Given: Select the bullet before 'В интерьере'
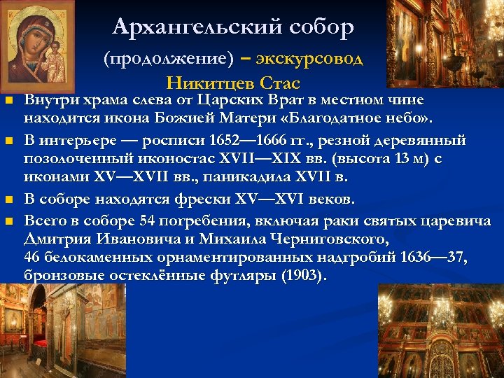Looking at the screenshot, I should tap(10, 142).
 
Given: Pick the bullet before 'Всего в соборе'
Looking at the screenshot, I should tap(10, 222).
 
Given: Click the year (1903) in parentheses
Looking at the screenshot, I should tap(302, 275).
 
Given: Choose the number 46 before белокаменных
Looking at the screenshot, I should tap(33, 257).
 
